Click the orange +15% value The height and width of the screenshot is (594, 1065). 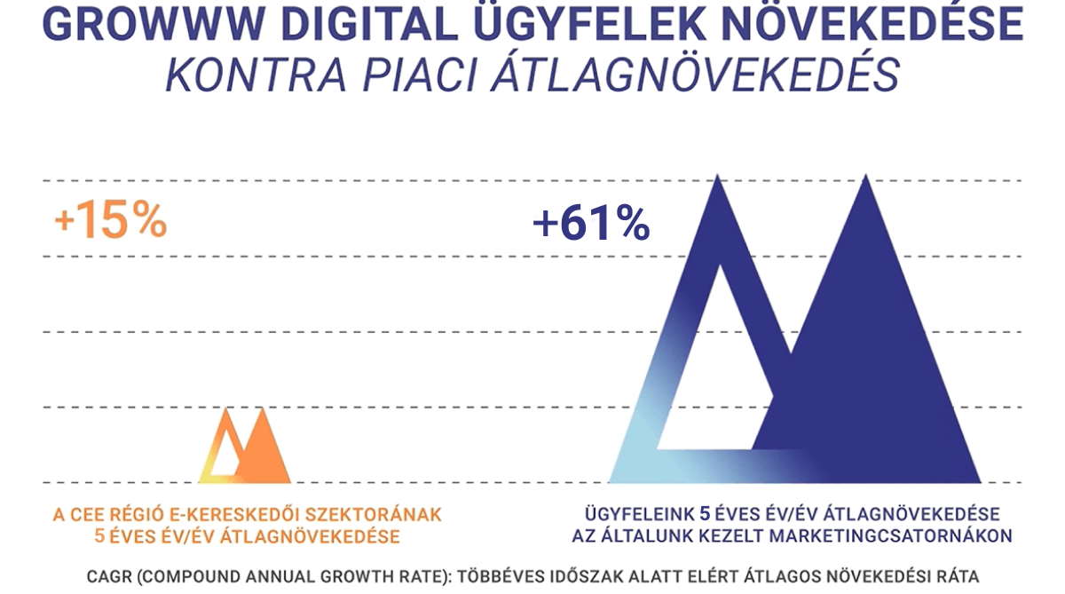coord(110,222)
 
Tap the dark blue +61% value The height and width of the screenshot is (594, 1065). coord(591,224)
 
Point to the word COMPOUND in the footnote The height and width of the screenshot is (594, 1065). coord(192,574)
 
